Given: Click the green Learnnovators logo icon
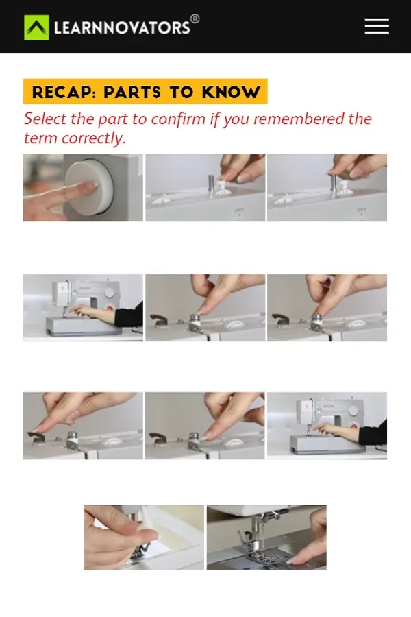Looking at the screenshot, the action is [x=36, y=27].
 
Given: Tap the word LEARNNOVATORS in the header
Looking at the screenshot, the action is [x=122, y=28].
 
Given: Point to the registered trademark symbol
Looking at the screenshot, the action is [x=195, y=19].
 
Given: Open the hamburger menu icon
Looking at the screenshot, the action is [x=377, y=26].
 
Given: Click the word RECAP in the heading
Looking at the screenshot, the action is [x=64, y=92].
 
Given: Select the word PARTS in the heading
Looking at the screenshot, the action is [x=132, y=92].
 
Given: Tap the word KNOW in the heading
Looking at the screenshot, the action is [x=232, y=92].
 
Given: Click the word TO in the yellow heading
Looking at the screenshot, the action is [x=182, y=92].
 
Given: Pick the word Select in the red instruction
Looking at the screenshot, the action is [x=45, y=119].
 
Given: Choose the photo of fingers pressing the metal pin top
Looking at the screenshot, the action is [x=327, y=188].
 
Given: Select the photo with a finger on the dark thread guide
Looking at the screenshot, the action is [x=83, y=426].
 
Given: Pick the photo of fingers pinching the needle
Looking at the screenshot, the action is [x=145, y=537].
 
